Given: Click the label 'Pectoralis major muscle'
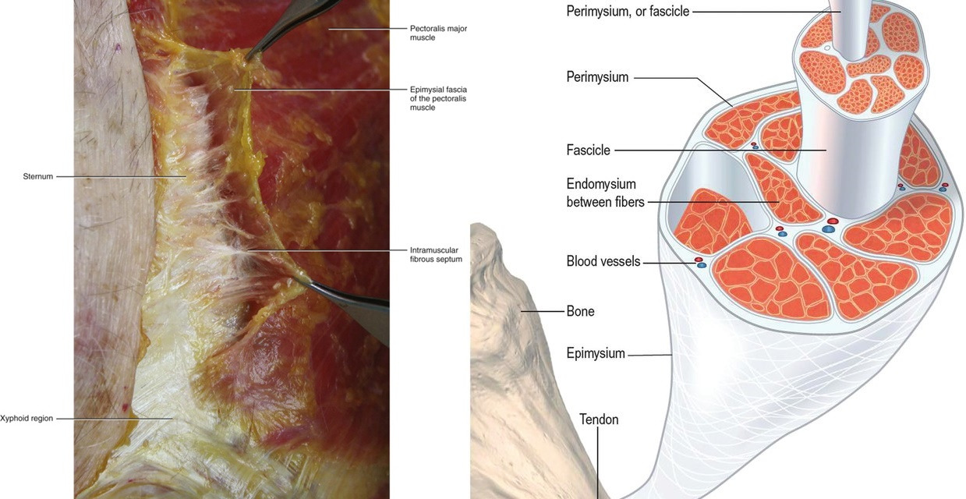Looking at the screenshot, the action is tap(438, 33).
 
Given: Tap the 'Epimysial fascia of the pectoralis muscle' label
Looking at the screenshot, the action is tap(438, 98).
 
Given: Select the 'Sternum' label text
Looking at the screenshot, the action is tap(38, 176).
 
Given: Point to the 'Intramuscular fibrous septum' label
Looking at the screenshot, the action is tap(436, 255).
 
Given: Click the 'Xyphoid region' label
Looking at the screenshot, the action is tap(27, 419).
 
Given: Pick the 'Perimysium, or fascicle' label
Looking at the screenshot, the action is tap(628, 12).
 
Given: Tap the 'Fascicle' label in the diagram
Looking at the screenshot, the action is tap(588, 150).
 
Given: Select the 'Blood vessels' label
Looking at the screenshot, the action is tap(603, 261).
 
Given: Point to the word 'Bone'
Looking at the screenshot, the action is tap(580, 311).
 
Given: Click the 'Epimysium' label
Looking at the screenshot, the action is tap(596, 353).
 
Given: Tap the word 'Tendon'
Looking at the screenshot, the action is tap(599, 419).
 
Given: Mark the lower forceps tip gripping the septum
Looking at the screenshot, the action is tap(306, 281).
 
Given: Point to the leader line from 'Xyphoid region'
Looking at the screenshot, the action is tap(113, 419).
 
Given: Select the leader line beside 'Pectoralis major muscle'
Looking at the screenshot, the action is tap(366, 29).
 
